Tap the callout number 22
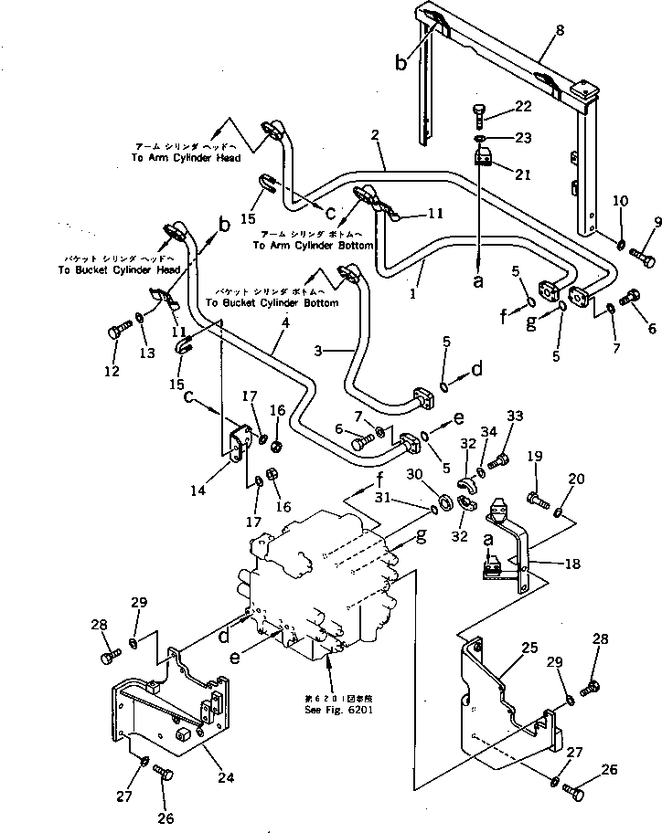[x=522, y=108]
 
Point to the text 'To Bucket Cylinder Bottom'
[x=272, y=302]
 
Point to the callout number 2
[x=375, y=135]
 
